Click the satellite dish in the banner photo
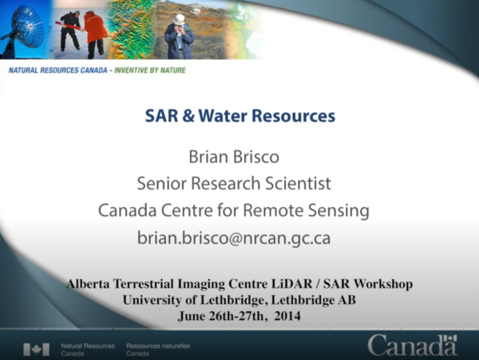pos(20,29)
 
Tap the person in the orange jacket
pos(95,30)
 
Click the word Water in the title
pos(224,116)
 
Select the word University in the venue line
pos(156,299)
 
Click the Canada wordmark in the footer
pos(412,346)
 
